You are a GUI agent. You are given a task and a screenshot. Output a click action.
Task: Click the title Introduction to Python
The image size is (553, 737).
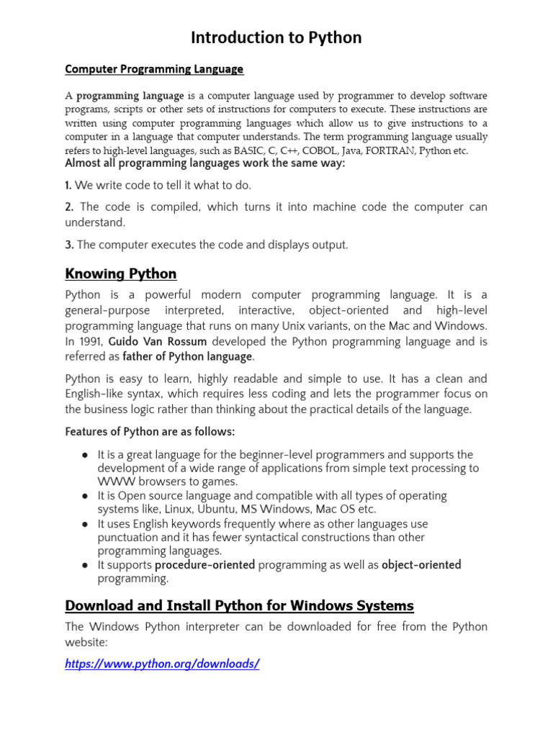[x=276, y=38]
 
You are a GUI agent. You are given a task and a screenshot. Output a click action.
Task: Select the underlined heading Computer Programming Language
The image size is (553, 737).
[x=154, y=69]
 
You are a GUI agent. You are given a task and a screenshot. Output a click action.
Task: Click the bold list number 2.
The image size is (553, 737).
[x=69, y=207]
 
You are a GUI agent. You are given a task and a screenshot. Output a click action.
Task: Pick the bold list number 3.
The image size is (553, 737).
[x=69, y=245]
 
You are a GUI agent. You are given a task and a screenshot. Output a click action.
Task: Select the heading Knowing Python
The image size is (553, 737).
[x=120, y=274]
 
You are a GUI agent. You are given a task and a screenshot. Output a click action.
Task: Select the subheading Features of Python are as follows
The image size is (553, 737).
[x=150, y=432]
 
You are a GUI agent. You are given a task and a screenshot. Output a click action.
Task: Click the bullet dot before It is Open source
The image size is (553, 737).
[x=85, y=496]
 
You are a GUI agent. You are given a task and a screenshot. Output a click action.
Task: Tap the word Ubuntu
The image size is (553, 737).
[x=217, y=510]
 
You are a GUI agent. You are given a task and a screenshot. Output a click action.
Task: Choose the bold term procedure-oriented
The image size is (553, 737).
[x=204, y=565]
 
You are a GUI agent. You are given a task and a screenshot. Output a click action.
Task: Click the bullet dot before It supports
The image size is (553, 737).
[x=85, y=565]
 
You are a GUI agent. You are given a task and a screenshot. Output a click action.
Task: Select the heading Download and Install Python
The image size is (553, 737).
[x=239, y=605]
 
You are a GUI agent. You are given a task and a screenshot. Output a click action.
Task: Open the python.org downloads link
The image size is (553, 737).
[x=161, y=664]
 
